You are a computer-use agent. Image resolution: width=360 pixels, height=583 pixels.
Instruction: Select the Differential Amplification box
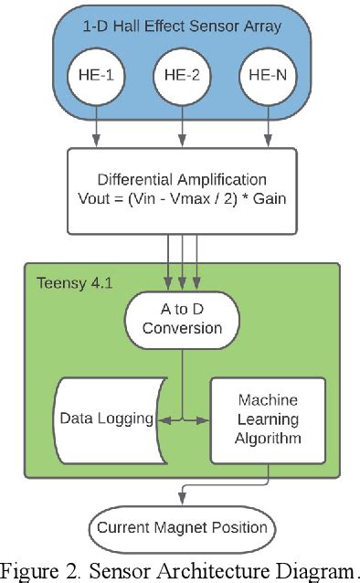click(x=182, y=190)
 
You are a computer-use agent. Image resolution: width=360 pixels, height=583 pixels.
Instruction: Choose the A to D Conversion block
click(x=182, y=318)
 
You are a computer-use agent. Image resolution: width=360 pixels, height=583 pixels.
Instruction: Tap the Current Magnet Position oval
click(x=182, y=527)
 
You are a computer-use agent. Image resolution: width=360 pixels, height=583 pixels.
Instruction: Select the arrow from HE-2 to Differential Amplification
click(x=183, y=123)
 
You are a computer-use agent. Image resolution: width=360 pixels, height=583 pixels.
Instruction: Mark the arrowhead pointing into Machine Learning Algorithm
click(x=206, y=419)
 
